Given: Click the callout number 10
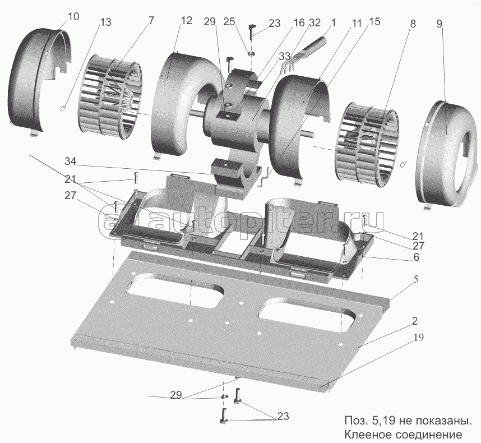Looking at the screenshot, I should (x=73, y=17).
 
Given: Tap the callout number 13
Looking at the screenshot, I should (x=105, y=22).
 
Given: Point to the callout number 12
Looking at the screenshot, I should (x=187, y=20).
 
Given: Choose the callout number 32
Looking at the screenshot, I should (x=314, y=23).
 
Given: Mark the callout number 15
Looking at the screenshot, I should (x=374, y=22).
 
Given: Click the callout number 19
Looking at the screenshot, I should (x=419, y=338).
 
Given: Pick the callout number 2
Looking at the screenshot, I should (x=414, y=322).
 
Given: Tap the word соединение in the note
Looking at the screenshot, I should (x=427, y=435).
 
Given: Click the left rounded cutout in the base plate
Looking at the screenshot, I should (x=175, y=288).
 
